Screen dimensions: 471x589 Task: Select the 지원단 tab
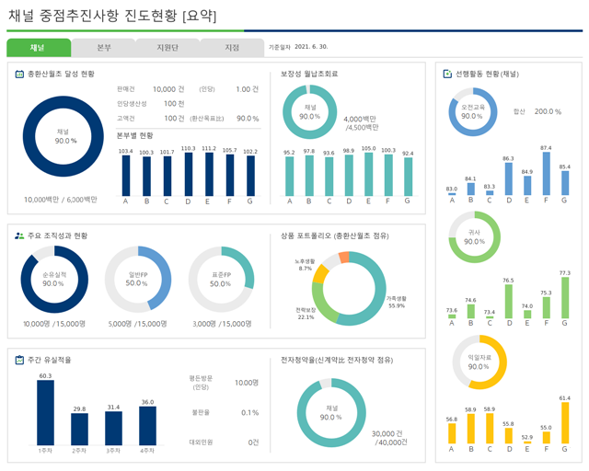[167, 48]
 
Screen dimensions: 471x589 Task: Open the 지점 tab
[232, 48]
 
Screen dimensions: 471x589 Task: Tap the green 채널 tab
[38, 48]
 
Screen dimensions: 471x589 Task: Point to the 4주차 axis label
[147, 451]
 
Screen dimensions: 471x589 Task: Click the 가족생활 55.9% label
[396, 302]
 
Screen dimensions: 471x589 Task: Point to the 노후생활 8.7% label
[305, 265]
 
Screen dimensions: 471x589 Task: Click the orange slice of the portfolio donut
[344, 258]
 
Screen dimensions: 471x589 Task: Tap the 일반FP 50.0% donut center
[137, 280]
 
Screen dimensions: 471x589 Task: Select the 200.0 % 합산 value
[548, 111]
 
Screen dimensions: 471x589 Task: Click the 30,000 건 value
[388, 432]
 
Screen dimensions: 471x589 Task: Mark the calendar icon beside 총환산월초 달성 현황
[19, 74]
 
